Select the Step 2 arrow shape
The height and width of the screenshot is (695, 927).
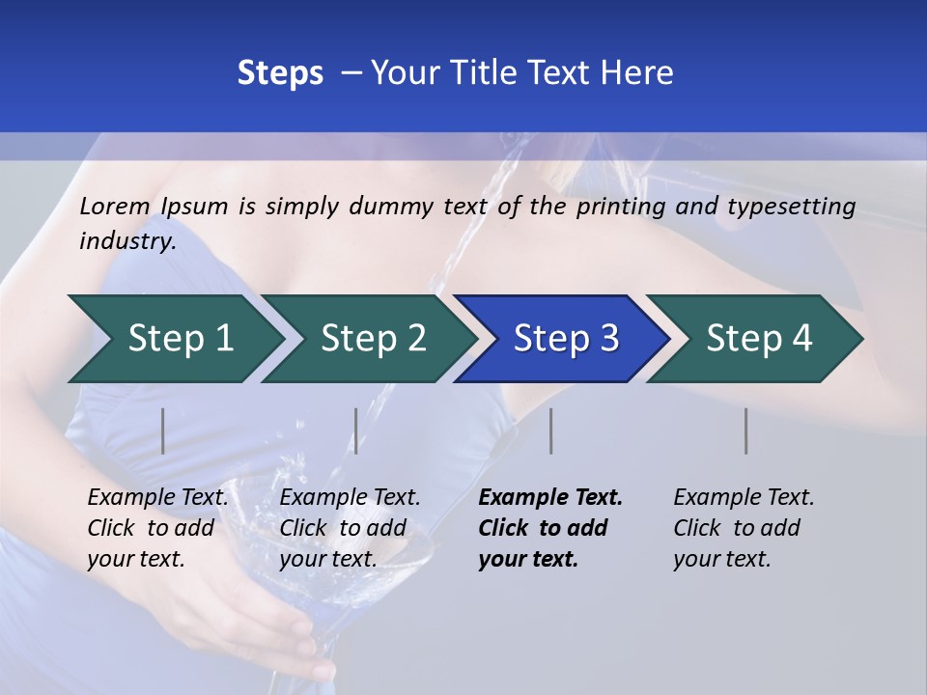point(373,339)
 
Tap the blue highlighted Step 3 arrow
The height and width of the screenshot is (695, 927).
point(565,339)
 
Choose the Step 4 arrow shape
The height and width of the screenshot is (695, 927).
point(758,339)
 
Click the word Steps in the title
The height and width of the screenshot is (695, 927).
point(280,73)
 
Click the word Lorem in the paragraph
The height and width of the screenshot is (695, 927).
point(114,206)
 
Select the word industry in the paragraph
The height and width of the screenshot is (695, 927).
point(126,241)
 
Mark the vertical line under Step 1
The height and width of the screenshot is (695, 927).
point(163,431)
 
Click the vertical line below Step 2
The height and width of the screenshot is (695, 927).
point(356,431)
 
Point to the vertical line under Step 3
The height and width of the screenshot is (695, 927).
point(550,431)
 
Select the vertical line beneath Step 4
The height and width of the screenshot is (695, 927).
point(745,431)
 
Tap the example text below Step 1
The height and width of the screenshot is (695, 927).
point(157,527)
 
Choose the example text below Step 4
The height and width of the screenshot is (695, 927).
point(744,527)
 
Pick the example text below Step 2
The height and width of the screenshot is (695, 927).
point(350,527)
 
